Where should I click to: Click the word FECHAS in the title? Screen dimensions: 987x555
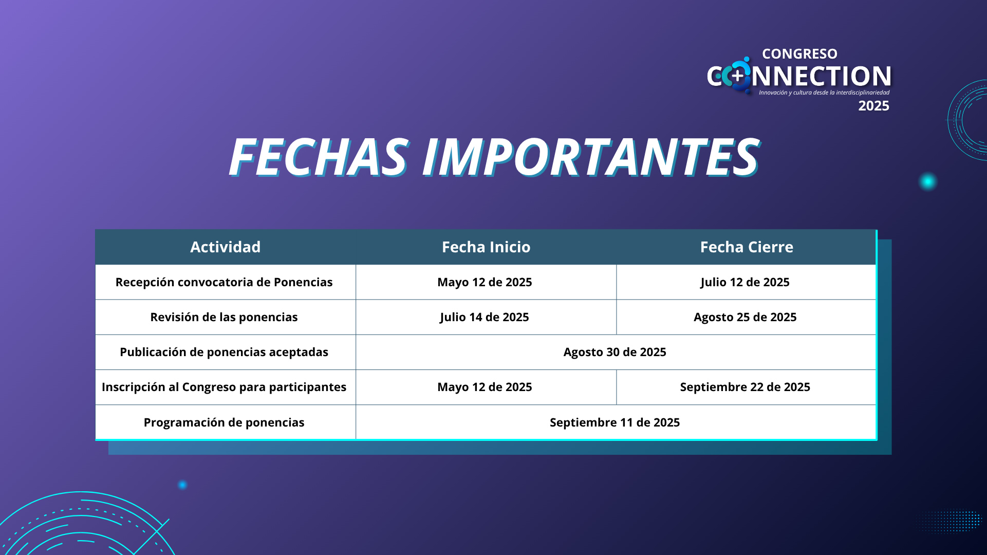pos(319,157)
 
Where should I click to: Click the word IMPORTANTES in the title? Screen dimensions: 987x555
pos(590,157)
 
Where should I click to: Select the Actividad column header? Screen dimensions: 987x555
pos(226,247)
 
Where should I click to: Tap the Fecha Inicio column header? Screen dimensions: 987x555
pos(486,247)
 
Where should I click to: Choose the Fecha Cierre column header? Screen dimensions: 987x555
pos(747,247)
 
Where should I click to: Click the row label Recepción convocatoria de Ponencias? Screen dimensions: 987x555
pos(224,282)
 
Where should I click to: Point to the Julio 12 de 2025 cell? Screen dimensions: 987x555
pos(745,282)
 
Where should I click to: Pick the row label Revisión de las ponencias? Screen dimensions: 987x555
pos(224,317)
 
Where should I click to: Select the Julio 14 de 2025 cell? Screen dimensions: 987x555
pos(485,317)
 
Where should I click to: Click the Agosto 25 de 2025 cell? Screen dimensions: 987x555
pos(745,317)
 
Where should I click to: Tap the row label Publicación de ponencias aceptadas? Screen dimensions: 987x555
pos(224,352)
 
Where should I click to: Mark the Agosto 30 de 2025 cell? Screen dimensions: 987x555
pos(615,352)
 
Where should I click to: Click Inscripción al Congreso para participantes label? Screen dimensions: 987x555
pos(224,387)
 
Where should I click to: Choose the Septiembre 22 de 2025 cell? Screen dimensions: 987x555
pos(745,387)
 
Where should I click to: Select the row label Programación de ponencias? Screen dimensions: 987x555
pos(224,422)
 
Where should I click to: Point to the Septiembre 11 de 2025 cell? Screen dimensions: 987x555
pos(615,422)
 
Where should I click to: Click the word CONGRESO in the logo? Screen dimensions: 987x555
pos(799,54)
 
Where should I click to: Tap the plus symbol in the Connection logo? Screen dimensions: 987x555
pos(738,77)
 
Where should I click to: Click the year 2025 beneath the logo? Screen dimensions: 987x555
pos(873,106)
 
